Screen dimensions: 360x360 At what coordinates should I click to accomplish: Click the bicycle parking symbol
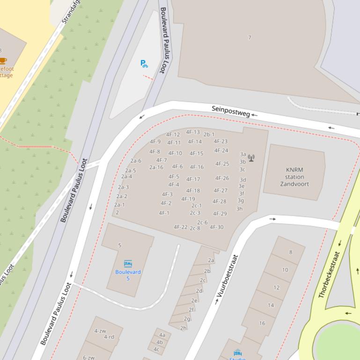(144, 64)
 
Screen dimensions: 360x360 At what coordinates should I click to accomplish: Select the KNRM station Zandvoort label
(295, 177)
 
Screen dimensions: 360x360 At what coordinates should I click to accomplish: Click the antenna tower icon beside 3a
(251, 158)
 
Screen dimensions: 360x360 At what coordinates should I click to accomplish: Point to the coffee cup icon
(3, 60)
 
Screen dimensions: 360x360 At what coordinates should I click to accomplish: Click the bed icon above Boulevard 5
(128, 264)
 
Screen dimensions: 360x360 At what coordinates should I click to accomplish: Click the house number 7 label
(250, 38)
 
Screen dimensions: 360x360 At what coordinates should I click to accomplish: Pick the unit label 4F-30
(217, 227)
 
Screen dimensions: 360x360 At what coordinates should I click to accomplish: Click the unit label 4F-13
(193, 132)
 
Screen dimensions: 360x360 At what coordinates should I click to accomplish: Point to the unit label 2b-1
(209, 135)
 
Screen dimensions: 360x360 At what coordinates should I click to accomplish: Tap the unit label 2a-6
(136, 161)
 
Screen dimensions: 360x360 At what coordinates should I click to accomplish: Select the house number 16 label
(262, 323)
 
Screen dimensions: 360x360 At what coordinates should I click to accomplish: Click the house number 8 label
(290, 252)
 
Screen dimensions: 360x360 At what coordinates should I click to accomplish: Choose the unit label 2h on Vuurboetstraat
(184, 328)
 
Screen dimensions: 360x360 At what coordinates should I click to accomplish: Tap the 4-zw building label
(100, 331)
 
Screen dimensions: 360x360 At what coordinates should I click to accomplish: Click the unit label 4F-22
(181, 227)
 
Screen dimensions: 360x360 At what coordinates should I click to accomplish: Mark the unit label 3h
(240, 209)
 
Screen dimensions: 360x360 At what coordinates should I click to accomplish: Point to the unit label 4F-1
(164, 213)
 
